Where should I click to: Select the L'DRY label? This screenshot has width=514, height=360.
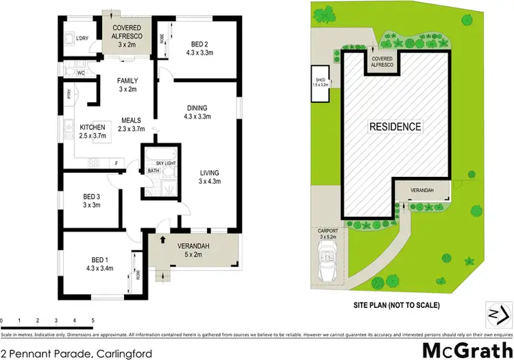82,38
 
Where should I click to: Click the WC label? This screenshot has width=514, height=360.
81,72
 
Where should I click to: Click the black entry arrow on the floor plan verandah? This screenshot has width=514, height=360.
163,239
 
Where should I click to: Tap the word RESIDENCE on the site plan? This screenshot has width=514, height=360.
395,127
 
